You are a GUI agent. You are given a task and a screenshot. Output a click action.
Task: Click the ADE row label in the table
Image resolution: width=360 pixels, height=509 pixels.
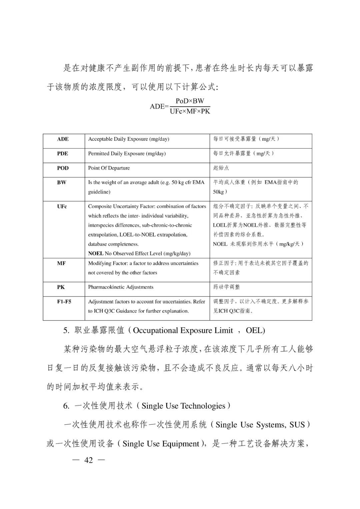[x=63, y=139]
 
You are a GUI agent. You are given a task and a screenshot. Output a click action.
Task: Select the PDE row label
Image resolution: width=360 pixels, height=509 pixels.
[x=62, y=153]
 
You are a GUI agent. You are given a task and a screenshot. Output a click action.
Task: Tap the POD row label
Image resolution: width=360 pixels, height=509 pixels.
[x=63, y=168]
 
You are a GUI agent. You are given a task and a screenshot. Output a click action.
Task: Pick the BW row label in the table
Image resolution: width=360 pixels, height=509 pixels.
[x=62, y=182]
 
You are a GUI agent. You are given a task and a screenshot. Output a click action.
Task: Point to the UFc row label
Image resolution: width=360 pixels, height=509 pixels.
[x=62, y=206]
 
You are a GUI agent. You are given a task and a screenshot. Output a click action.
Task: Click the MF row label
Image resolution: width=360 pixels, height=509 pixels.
[x=61, y=263]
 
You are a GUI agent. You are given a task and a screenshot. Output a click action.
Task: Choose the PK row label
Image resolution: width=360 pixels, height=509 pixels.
[x=61, y=287]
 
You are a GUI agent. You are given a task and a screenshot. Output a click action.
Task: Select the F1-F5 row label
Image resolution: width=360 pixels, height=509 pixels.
[x=64, y=302]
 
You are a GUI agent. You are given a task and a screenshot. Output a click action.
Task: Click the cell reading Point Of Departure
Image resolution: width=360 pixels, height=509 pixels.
[x=109, y=168]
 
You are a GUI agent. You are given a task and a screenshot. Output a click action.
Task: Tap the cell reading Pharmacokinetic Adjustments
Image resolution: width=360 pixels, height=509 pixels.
[x=121, y=287]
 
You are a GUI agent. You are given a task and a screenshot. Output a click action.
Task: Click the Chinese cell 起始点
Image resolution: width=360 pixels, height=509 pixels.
[x=221, y=168]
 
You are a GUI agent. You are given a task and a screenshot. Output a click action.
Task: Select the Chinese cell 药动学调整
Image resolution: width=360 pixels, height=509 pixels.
[x=226, y=287]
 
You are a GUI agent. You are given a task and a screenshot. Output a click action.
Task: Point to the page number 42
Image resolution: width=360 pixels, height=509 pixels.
[x=89, y=460]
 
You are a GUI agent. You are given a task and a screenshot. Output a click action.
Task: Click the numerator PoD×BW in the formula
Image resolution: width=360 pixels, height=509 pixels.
[x=190, y=101]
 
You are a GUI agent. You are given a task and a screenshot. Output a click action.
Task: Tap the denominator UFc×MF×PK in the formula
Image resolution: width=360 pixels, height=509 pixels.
[x=190, y=111]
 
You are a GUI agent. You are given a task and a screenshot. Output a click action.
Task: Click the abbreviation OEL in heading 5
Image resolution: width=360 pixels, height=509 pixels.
[x=255, y=331]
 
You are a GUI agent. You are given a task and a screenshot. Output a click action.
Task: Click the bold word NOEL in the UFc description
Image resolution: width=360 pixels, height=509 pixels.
[x=96, y=253]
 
